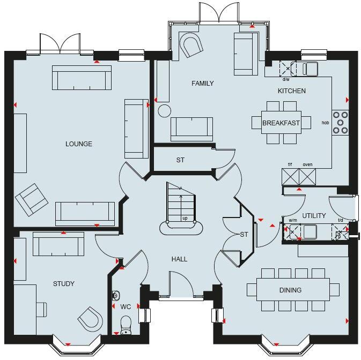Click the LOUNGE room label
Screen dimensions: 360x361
(x=79, y=144)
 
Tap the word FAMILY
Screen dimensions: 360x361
(x=203, y=83)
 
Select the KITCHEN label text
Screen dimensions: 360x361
(x=291, y=91)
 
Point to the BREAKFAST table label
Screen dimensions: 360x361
(x=281, y=123)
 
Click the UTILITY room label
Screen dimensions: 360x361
(x=314, y=216)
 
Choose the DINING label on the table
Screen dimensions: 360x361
(x=290, y=290)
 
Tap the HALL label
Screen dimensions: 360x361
(x=179, y=259)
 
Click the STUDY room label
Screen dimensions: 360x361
(x=63, y=284)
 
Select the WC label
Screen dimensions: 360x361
(x=126, y=307)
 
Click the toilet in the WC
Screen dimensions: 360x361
(x=126, y=324)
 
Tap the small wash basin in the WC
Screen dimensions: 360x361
(x=115, y=295)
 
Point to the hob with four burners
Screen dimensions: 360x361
(x=340, y=122)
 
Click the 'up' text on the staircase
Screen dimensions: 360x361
(x=185, y=219)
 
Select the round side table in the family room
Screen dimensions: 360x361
(x=164, y=111)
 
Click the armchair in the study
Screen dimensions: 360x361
(x=90, y=320)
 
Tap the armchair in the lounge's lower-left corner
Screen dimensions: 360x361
(x=32, y=199)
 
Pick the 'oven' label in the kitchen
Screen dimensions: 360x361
(x=307, y=165)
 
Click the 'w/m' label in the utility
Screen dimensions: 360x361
(x=293, y=220)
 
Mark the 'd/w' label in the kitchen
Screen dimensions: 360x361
(x=285, y=79)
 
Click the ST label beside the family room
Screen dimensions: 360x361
(x=180, y=160)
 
